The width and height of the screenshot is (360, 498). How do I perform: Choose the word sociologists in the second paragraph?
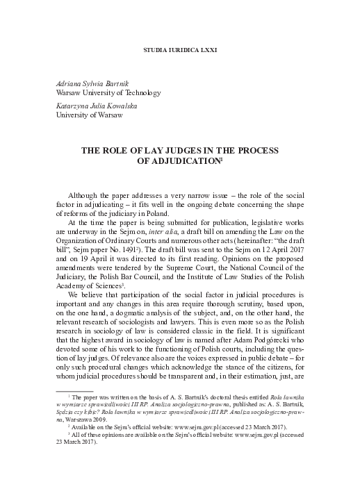(x=150, y=320)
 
